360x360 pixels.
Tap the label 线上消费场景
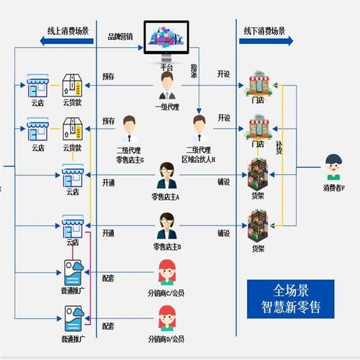pos(68,31)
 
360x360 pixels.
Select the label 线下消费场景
pos(264,31)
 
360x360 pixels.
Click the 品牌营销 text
pos(120,36)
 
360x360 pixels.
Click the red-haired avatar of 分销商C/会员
pos(166,273)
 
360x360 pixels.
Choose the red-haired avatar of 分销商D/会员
pos(166,318)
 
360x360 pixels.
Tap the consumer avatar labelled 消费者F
pos(333,167)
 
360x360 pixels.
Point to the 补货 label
pos(278,147)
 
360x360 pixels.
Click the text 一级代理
pos(166,107)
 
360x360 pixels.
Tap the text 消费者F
pos(333,189)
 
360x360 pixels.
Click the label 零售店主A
pos(166,197)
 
